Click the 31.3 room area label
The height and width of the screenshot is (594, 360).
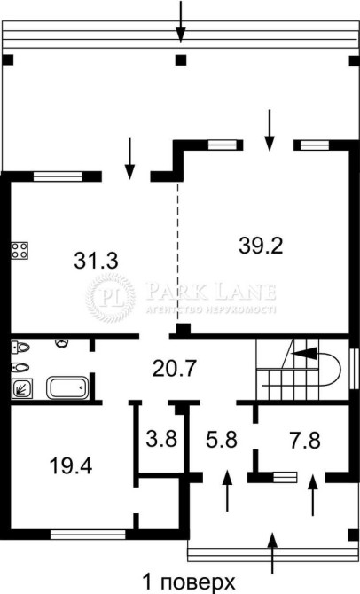(x=97, y=261)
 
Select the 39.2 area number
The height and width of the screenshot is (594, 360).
(x=261, y=246)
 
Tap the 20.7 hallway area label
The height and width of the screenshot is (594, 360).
(x=175, y=368)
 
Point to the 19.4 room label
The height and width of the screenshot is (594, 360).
(x=71, y=465)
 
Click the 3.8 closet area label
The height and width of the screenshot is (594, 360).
(x=161, y=439)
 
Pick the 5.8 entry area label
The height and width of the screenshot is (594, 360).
(x=222, y=440)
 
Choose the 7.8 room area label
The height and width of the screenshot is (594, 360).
(x=305, y=441)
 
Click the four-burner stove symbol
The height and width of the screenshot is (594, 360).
(x=20, y=250)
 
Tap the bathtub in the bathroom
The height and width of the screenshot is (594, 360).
(x=67, y=387)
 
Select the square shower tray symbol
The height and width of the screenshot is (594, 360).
(x=21, y=389)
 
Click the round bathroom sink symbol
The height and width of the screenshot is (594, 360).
(x=62, y=343)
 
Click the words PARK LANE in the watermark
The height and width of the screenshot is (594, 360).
(x=211, y=292)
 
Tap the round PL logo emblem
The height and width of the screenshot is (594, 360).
(x=110, y=298)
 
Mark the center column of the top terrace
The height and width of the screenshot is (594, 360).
(x=181, y=60)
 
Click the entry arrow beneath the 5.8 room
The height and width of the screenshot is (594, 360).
(x=227, y=490)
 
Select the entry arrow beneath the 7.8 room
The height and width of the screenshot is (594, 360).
(x=313, y=495)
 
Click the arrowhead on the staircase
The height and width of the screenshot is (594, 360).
(x=305, y=354)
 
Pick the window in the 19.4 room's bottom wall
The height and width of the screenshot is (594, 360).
(x=88, y=534)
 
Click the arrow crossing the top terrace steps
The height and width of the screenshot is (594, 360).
(x=181, y=21)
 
